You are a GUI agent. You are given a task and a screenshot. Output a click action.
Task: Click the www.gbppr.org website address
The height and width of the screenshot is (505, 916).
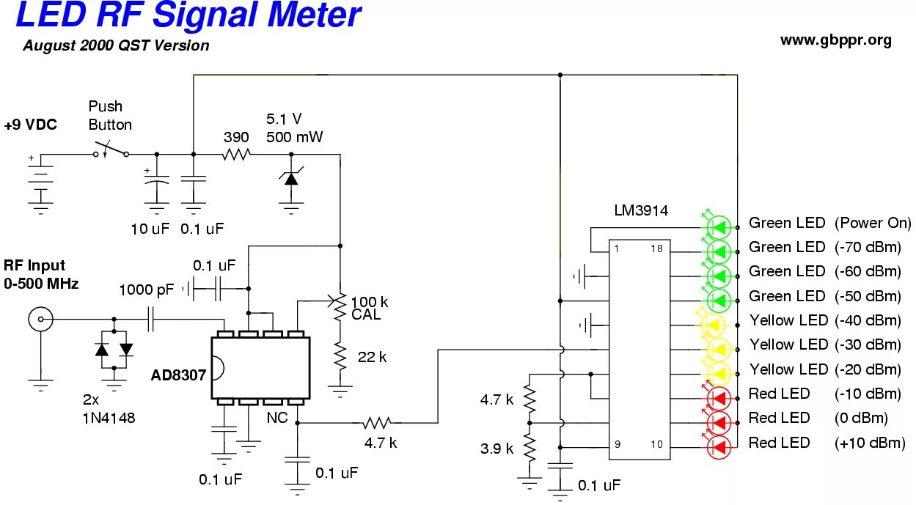[x=836, y=41]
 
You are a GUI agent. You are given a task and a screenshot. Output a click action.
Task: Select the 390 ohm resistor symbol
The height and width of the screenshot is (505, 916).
[x=236, y=155]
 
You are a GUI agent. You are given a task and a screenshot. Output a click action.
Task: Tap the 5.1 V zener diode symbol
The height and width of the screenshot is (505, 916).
[x=291, y=178]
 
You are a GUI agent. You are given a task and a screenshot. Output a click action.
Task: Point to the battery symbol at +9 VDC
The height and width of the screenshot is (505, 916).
[x=40, y=184]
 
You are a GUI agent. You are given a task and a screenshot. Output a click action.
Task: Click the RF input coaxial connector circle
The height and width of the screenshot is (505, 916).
[x=40, y=319]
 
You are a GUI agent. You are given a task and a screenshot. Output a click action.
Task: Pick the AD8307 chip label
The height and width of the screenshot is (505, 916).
[x=178, y=375]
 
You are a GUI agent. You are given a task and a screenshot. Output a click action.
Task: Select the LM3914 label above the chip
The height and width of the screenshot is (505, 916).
[x=641, y=210]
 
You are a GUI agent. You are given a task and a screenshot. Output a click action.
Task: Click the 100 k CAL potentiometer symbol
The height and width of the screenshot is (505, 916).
[x=340, y=307]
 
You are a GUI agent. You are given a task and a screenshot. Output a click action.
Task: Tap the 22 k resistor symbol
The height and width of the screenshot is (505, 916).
[x=340, y=357]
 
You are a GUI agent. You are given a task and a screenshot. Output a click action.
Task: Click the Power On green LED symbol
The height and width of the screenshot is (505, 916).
[x=719, y=227]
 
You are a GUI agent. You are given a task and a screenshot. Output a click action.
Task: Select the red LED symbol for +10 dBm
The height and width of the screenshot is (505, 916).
[x=719, y=447]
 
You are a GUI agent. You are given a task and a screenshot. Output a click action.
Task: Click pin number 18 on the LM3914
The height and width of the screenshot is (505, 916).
[x=656, y=248]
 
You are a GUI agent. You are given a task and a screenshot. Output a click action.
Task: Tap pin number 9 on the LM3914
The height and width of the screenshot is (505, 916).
[x=617, y=444]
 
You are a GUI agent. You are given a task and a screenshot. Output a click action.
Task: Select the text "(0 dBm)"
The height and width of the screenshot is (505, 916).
[x=861, y=418]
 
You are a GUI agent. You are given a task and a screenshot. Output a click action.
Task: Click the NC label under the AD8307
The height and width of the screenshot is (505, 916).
[x=276, y=418]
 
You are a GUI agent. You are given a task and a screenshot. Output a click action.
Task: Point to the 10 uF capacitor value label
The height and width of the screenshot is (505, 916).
[x=150, y=229]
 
